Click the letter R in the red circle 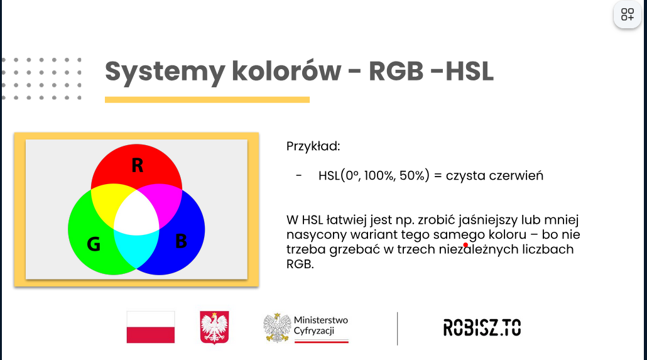coord(138,165)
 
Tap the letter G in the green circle coord(94,244)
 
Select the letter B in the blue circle coord(181,241)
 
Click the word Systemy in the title coord(165,72)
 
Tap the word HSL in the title coord(470,72)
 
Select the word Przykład coord(313,146)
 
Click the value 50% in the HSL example coord(412,175)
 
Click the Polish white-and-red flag coord(151,327)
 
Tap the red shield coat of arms coord(214,327)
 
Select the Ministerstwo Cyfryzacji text coord(320,325)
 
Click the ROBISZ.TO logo coord(482,328)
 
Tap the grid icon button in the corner coord(627,14)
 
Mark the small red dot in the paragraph coord(465,245)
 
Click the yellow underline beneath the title coord(207,100)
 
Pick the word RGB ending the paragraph coord(300,265)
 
